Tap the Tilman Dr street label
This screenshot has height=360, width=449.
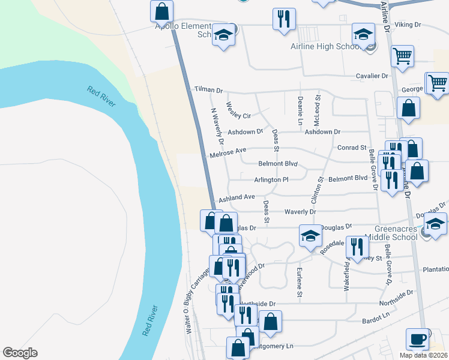point(208,89)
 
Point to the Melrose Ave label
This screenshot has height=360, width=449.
point(228,153)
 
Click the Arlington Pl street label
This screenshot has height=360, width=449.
point(271,179)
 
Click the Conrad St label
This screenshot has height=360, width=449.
point(352,147)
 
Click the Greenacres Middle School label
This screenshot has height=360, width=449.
point(396,233)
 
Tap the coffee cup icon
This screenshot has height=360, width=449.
point(418,339)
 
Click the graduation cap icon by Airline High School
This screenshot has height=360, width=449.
point(363,34)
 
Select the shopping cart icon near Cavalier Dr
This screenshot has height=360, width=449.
point(402,56)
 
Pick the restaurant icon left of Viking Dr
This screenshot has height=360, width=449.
point(283,19)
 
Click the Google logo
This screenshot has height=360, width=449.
point(20,352)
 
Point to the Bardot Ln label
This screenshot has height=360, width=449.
point(376,320)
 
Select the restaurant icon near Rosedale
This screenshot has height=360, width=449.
point(357,246)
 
